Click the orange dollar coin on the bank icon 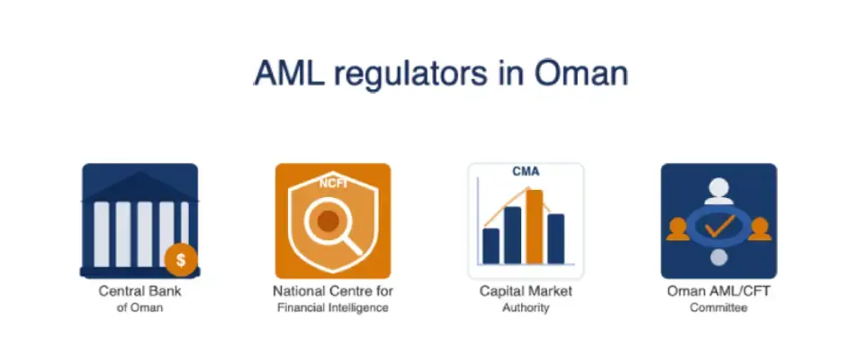click(x=181, y=260)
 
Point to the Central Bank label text click(x=139, y=292)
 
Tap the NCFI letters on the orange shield click(x=333, y=183)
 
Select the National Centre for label click(x=333, y=292)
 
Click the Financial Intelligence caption click(x=333, y=308)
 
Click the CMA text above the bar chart click(x=526, y=171)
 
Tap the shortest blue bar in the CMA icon click(x=491, y=245)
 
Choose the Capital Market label click(x=526, y=292)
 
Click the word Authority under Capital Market click(x=526, y=308)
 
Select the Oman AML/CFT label click(x=718, y=292)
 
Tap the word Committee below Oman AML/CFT click(x=718, y=308)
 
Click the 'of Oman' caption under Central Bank click(x=139, y=308)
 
